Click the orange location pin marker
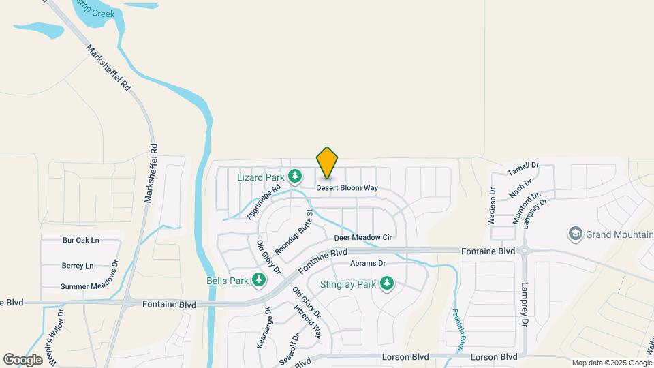click(328, 162)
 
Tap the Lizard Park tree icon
click(295, 177)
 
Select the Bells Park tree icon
click(259, 280)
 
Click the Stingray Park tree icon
click(387, 283)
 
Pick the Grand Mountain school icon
click(575, 234)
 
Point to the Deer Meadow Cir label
click(363, 238)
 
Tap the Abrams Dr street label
click(368, 263)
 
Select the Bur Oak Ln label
click(80, 241)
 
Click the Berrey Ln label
click(77, 266)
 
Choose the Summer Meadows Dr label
click(89, 287)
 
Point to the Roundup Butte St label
click(294, 232)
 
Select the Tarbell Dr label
click(523, 170)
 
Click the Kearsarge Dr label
click(264, 328)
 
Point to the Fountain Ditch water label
click(458, 331)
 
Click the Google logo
click(22, 359)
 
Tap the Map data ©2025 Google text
click(612, 363)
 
